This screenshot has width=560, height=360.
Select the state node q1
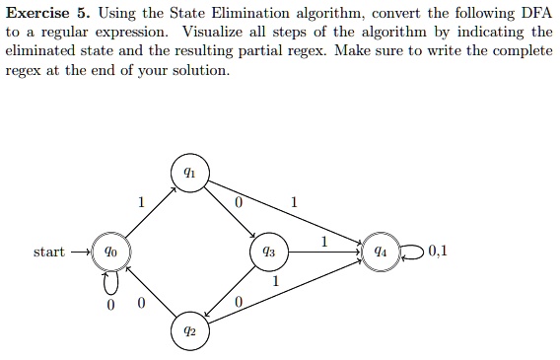(x=189, y=173)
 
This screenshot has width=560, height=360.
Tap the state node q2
(x=189, y=331)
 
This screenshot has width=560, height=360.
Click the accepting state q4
(x=380, y=252)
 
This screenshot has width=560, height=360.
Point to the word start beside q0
(x=49, y=252)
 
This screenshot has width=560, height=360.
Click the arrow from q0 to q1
(x=148, y=211)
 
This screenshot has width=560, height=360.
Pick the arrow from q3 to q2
(x=230, y=292)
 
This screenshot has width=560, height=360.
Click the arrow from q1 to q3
(x=230, y=212)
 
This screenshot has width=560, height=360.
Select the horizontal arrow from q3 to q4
(x=323, y=252)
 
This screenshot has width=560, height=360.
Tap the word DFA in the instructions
(x=526, y=13)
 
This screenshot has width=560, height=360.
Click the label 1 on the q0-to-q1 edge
(x=141, y=202)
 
